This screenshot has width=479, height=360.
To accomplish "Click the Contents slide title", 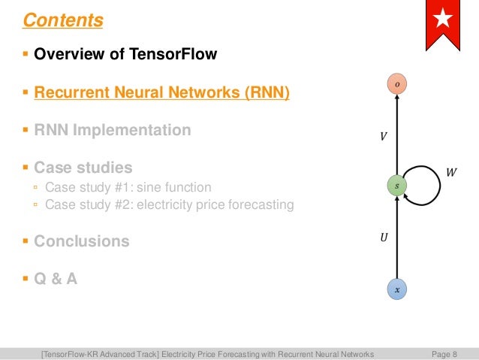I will tap(63, 20).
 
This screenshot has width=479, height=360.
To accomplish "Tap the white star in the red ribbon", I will tap(443, 20).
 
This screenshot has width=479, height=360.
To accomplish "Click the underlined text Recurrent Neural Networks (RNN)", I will tap(161, 92).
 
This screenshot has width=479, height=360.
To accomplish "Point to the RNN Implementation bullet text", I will tap(113, 130).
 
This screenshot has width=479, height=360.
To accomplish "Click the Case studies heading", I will tap(83, 168).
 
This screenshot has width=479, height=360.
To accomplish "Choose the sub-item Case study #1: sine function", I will tap(128, 187).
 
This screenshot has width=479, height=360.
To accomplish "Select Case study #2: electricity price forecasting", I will tap(169, 204).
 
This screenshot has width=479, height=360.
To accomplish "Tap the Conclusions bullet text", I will tap(81, 241).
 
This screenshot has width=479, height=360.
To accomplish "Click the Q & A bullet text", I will tap(56, 278).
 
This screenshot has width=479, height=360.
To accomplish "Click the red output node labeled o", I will tap(397, 85).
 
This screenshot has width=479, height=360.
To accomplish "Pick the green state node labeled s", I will tap(397, 184).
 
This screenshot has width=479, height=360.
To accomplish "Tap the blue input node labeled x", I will tap(397, 289).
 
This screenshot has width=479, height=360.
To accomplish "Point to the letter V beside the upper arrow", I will tap(384, 138).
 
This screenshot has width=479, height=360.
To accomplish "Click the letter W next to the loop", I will tap(450, 173).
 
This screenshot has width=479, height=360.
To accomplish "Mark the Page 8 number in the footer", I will tap(444, 353).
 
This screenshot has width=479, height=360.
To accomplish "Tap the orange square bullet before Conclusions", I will tap(26, 241).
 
